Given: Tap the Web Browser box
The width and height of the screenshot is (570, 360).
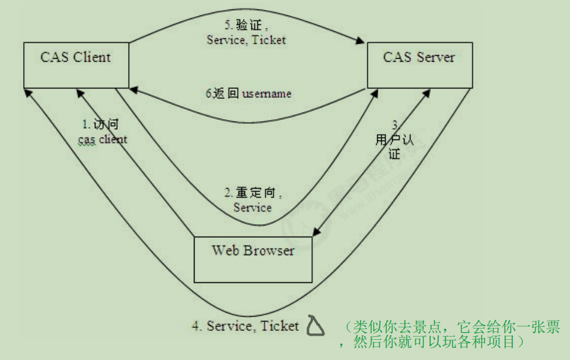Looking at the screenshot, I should click(x=253, y=259).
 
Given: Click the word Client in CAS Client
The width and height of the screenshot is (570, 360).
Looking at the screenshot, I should click(x=92, y=57).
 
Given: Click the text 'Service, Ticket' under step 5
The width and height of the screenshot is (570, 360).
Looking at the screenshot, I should click(x=246, y=40).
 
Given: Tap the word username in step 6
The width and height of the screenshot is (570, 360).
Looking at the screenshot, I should click(x=266, y=94).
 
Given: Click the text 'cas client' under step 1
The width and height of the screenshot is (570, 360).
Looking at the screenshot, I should click(x=103, y=139).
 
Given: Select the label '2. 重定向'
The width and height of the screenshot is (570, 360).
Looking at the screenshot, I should click(x=252, y=193).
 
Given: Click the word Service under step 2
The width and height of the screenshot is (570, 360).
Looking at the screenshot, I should click(x=253, y=207).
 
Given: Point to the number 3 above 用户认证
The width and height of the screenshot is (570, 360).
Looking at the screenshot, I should click(x=396, y=125).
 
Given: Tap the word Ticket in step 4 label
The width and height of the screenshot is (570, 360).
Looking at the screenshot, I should click(x=280, y=326).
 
